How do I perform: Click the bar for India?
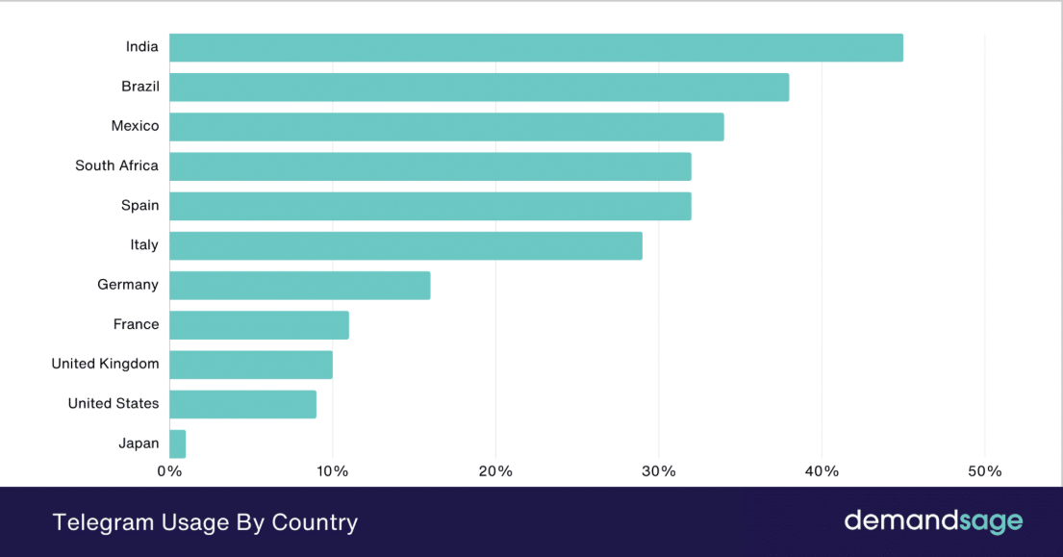536,47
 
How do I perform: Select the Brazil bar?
479,87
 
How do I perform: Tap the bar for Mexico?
446,126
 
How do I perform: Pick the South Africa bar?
430,165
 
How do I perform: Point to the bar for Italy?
406,245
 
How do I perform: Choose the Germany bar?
300,285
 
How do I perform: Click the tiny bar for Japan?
178,443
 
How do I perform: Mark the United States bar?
242,404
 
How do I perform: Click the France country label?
136,324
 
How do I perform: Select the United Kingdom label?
105,364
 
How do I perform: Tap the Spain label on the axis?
139,205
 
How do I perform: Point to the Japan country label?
139,443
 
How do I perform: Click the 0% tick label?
169,471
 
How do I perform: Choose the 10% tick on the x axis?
332,471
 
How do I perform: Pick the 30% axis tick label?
658,471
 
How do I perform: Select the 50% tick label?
984,471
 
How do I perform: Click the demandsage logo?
933,521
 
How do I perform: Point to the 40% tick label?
822,471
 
